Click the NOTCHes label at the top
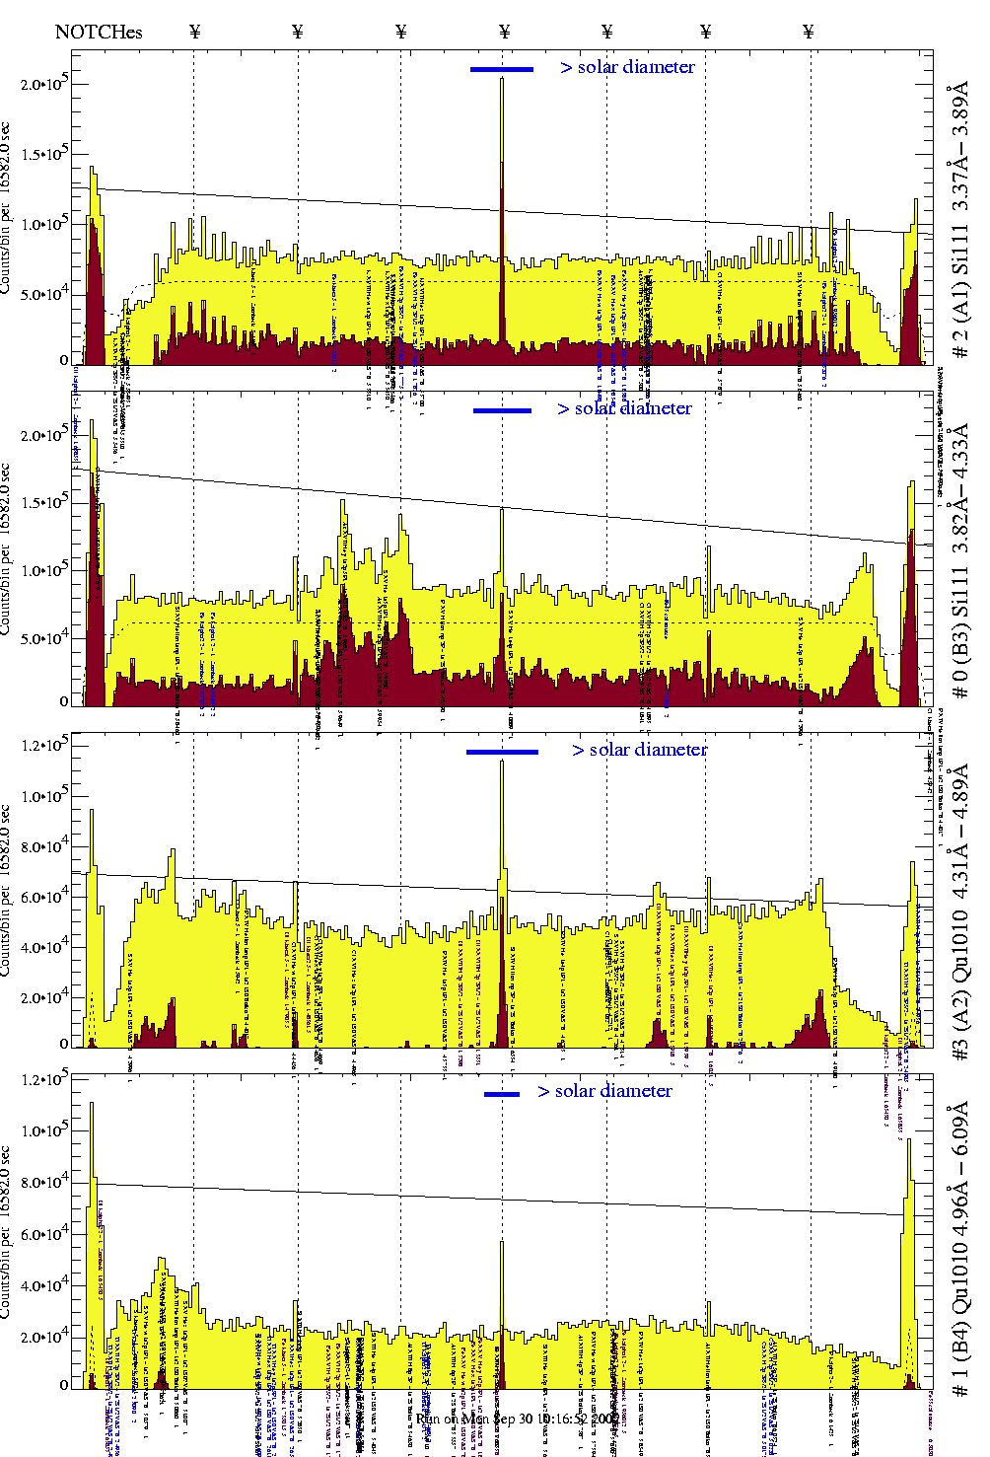(99, 32)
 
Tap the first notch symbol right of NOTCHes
(195, 32)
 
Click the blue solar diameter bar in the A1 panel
(501, 69)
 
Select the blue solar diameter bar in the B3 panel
(502, 410)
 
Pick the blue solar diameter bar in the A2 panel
(502, 752)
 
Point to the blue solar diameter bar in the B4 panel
(502, 1093)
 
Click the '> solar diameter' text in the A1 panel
(628, 67)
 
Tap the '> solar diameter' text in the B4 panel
(605, 1091)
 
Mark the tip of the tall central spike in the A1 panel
(502, 79)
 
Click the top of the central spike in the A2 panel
(502, 761)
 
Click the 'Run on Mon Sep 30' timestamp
(517, 1419)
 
